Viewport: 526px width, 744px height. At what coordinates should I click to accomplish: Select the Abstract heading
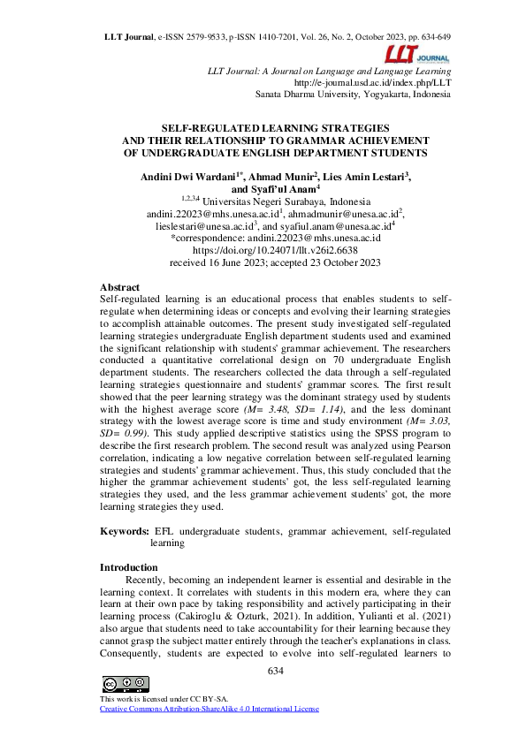pyautogui.click(x=119, y=287)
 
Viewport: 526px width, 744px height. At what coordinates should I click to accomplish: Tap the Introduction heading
pyautogui.click(x=129, y=566)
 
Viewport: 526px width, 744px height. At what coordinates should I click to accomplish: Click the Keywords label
pyautogui.click(x=125, y=531)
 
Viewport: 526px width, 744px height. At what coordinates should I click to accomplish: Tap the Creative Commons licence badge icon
pyautogui.click(x=125, y=684)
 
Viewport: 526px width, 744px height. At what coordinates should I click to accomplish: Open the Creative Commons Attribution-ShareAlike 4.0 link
pyautogui.click(x=209, y=709)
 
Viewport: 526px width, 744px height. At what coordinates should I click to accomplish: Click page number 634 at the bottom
pyautogui.click(x=275, y=672)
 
